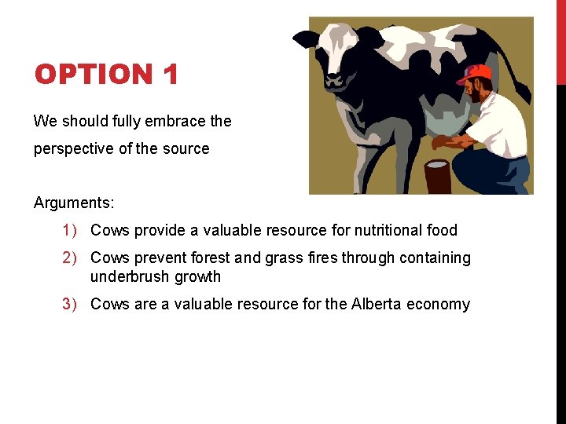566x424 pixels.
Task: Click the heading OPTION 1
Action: click(106, 75)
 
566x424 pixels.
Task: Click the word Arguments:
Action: click(74, 203)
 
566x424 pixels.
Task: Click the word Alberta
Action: click(377, 304)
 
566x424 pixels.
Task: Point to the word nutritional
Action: click(384, 230)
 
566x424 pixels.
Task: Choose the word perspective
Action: click(75, 148)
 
